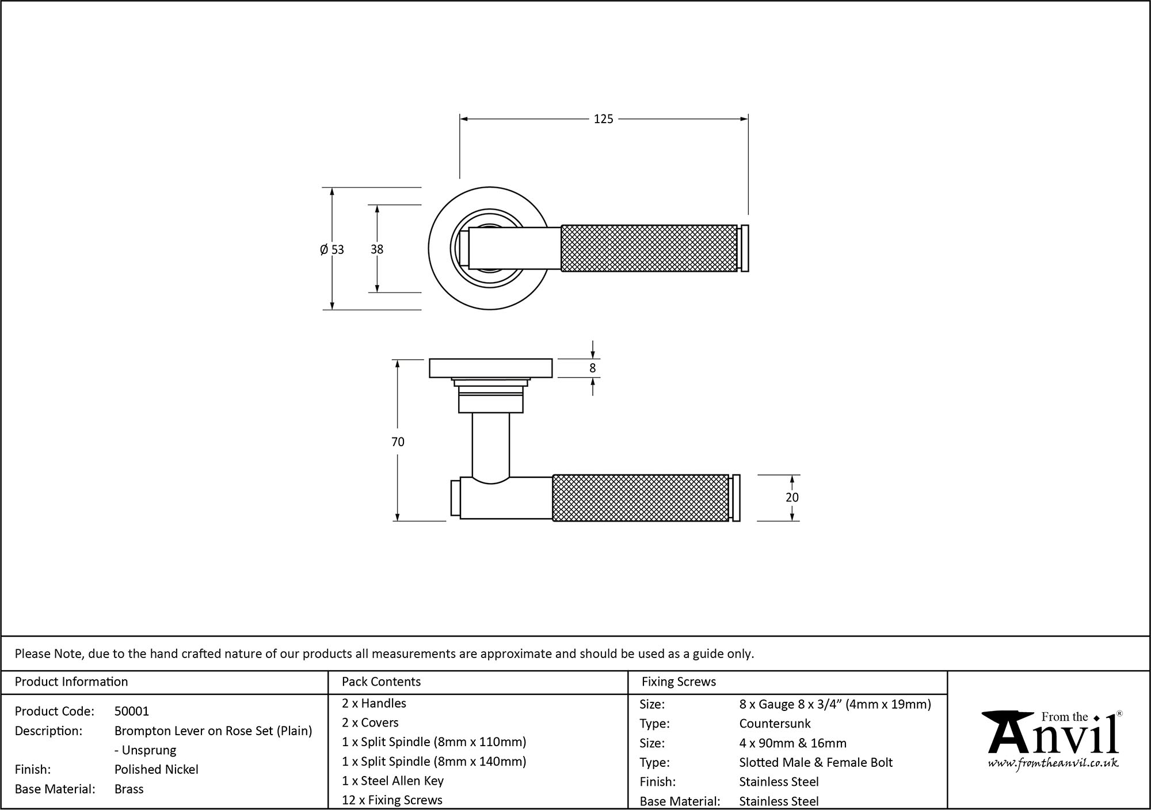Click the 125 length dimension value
pos(603,119)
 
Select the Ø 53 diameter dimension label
pos(332,249)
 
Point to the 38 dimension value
pos(377,249)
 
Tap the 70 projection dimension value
pos(398,442)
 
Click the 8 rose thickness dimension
pos(592,368)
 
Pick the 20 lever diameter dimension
pos(792,497)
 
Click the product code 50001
pos(131,711)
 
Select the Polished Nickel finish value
pos(156,769)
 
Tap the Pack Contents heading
pos(381,682)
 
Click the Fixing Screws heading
pos(679,682)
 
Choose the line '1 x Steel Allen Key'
pos(392,781)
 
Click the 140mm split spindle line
pos(434,761)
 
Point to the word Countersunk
pos(775,723)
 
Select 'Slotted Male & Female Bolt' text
pos(815,762)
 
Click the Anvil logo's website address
pos(1053,763)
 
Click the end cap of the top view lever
pos(745,248)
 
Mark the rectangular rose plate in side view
pos(490,368)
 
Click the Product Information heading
pos(71,682)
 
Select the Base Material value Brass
pos(129,789)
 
